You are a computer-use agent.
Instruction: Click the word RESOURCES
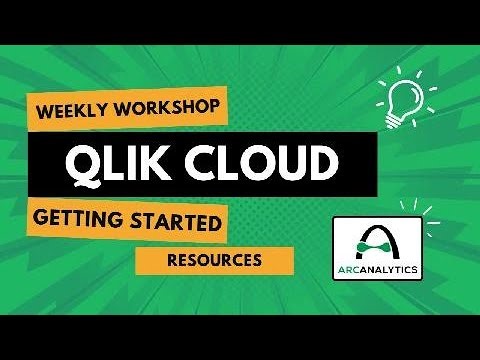click(215, 261)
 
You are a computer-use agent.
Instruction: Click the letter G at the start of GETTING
click(42, 221)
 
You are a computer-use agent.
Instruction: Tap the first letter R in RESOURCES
click(173, 261)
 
